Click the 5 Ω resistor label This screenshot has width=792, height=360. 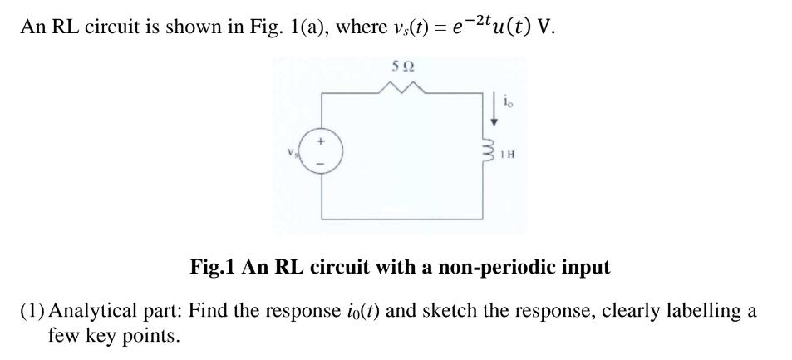[x=402, y=66]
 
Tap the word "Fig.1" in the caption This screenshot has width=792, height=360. [x=212, y=268]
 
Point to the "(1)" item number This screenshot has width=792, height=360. [x=34, y=312]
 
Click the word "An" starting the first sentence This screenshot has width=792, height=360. [x=32, y=27]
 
